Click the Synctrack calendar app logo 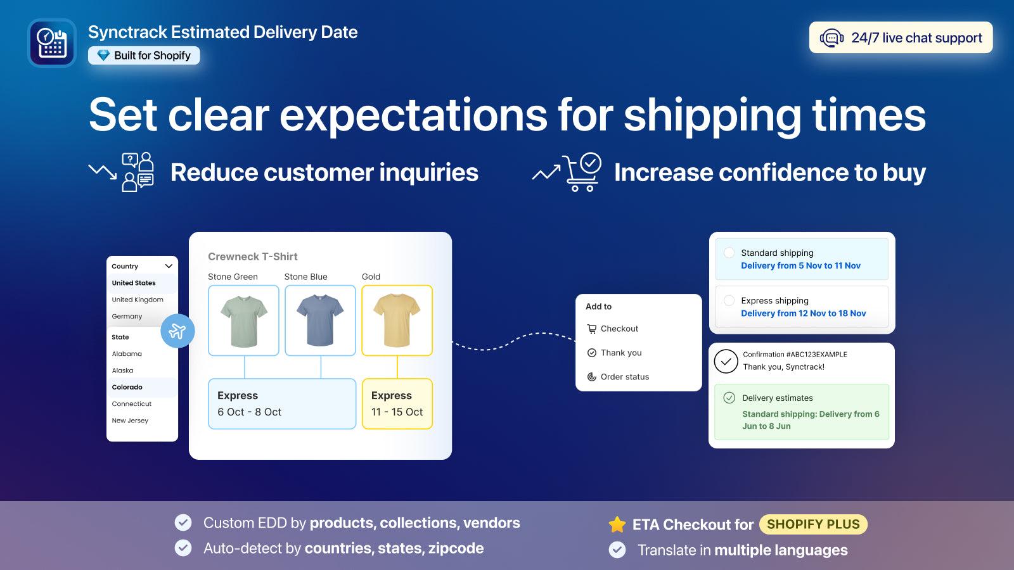pyautogui.click(x=52, y=43)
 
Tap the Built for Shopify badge pyautogui.click(x=144, y=56)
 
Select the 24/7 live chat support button pyautogui.click(x=901, y=38)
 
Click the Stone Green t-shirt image pyautogui.click(x=244, y=320)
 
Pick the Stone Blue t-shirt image pyautogui.click(x=320, y=320)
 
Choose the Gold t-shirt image pyautogui.click(x=397, y=320)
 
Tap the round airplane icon pyautogui.click(x=177, y=331)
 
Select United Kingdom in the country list pyautogui.click(x=138, y=300)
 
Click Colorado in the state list pyautogui.click(x=127, y=387)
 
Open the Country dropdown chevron pyautogui.click(x=169, y=266)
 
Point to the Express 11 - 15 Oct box pyautogui.click(x=397, y=403)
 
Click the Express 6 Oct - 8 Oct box pyautogui.click(x=282, y=403)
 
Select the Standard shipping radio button pyautogui.click(x=729, y=253)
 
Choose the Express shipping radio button pyautogui.click(x=729, y=300)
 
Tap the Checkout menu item pyautogui.click(x=619, y=329)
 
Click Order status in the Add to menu pyautogui.click(x=624, y=377)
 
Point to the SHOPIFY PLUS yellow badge pyautogui.click(x=813, y=524)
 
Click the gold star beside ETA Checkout pyautogui.click(x=617, y=524)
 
